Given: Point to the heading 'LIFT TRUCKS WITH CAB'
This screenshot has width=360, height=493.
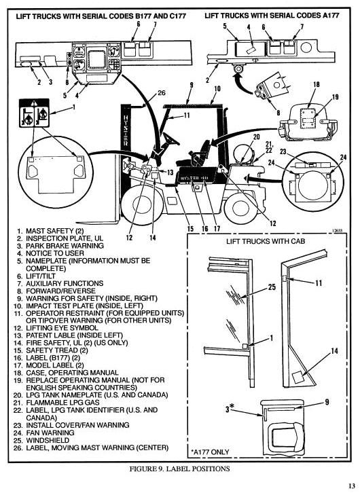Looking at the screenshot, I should [x=264, y=241].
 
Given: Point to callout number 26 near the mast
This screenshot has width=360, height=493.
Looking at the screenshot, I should [x=161, y=93].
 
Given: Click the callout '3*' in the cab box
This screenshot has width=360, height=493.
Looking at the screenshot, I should [x=234, y=407].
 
